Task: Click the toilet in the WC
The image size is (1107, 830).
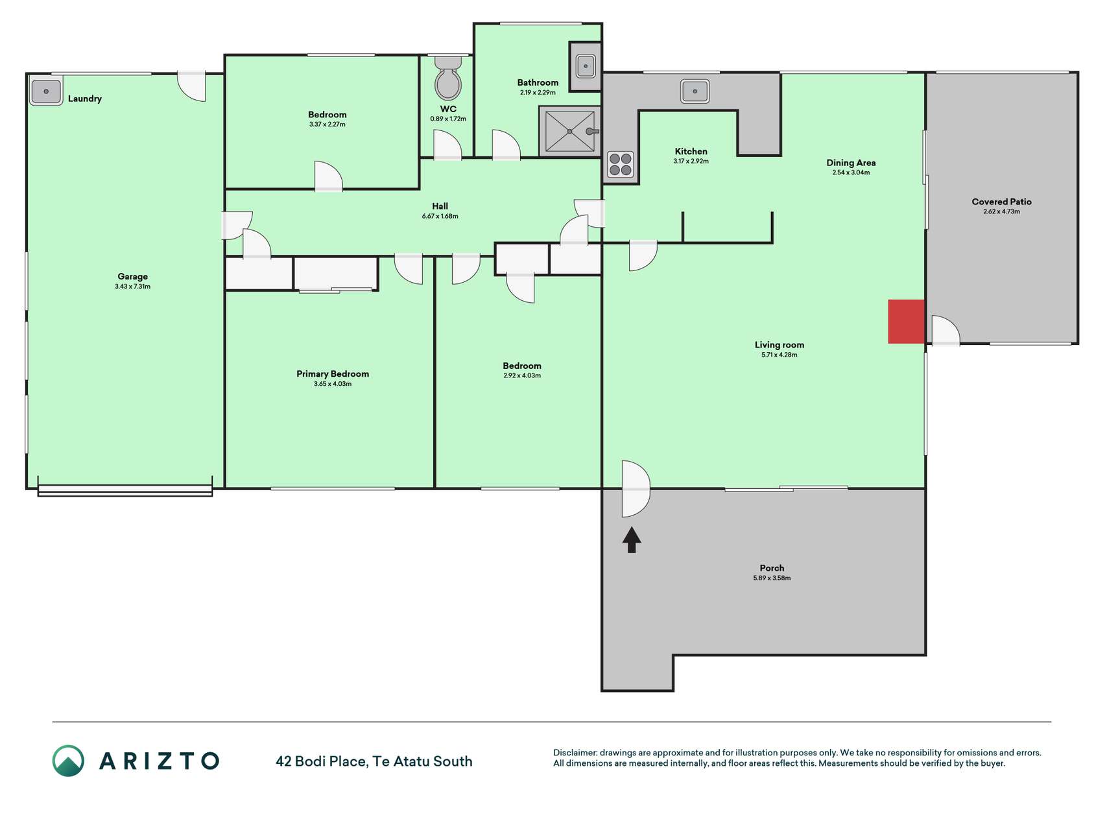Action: click(448, 78)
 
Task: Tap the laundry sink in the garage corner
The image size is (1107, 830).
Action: click(46, 91)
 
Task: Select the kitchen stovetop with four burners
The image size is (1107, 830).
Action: click(621, 164)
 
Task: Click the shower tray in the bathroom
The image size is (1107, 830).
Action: click(569, 132)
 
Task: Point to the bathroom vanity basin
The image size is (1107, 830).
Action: click(586, 66)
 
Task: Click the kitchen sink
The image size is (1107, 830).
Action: click(695, 91)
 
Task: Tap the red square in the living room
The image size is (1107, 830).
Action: click(906, 322)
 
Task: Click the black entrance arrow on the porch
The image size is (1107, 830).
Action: click(632, 539)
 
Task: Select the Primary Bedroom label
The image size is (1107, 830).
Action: click(333, 373)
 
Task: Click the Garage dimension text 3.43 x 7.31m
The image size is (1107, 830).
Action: click(133, 287)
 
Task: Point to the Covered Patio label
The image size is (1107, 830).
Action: click(1001, 202)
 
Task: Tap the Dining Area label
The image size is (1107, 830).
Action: click(851, 163)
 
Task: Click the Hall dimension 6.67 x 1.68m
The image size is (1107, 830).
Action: click(440, 216)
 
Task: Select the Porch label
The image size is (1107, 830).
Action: click(772, 568)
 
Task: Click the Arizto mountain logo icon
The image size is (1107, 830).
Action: click(68, 761)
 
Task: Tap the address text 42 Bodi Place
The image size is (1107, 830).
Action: click(321, 761)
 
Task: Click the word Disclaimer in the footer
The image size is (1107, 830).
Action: click(575, 753)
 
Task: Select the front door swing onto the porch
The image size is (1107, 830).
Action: click(636, 489)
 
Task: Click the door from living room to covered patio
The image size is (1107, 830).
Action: click(946, 330)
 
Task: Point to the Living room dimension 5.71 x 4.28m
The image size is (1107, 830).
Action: click(780, 355)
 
